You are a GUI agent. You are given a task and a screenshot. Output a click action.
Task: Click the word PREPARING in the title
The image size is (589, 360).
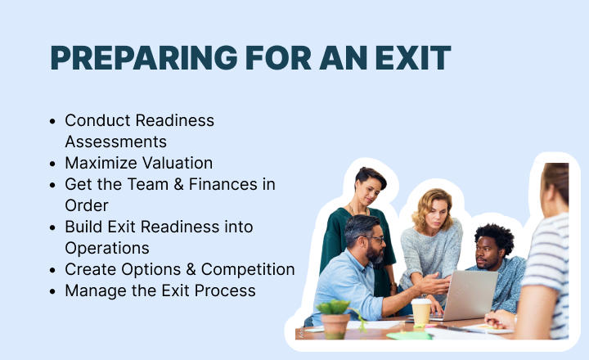[144, 57]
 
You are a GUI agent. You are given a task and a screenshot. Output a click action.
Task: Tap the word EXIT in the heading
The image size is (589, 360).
[413, 57]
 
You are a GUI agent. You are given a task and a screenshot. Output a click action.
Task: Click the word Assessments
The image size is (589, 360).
[115, 142]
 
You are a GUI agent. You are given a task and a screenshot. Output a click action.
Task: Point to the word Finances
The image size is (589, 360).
[223, 185]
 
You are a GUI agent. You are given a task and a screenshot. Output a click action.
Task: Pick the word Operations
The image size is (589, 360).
[107, 249]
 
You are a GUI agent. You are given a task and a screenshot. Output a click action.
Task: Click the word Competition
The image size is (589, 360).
[248, 269]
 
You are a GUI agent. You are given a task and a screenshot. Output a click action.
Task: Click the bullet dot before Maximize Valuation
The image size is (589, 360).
[52, 164]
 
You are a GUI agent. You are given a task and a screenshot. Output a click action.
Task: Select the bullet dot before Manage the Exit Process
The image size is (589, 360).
[52, 291]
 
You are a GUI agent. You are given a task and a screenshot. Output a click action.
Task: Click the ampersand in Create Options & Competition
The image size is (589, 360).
[191, 269]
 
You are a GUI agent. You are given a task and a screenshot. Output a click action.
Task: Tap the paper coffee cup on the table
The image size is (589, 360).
[421, 312]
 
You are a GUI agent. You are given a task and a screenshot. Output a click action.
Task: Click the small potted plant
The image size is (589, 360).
[334, 318]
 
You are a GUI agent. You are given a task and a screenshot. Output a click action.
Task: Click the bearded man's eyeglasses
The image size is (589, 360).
[372, 239]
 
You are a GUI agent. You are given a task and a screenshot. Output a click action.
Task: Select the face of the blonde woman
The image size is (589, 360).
[435, 216]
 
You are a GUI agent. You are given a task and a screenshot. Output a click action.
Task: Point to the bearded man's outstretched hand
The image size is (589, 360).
[435, 283]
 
